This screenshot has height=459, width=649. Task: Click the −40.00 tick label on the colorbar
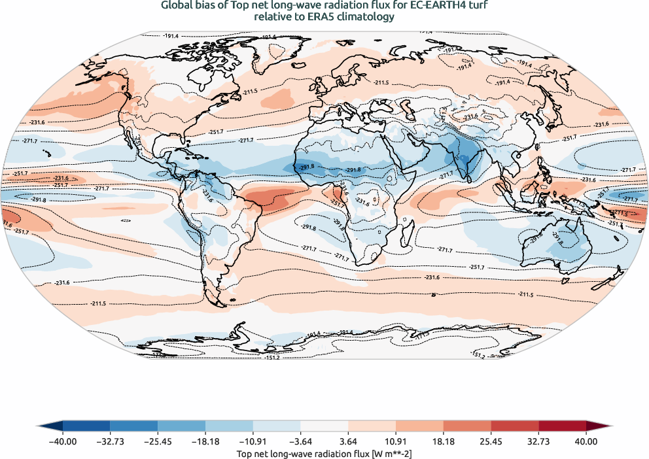[63, 441]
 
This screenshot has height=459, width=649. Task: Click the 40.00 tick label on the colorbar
[586, 441]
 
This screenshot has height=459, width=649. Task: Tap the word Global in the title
[177, 6]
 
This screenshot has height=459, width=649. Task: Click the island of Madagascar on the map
[407, 231]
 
